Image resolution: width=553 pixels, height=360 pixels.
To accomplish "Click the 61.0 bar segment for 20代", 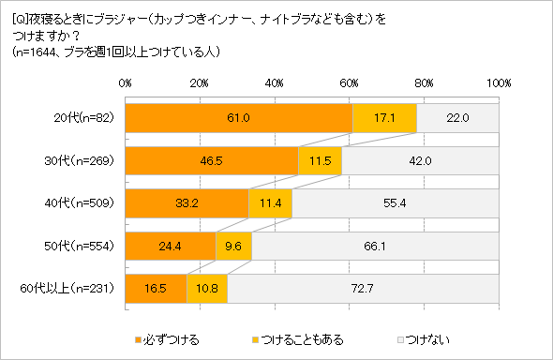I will (239, 118).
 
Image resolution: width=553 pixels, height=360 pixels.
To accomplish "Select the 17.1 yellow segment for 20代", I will (384, 118).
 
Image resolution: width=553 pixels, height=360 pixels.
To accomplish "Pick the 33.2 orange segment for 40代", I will (187, 203).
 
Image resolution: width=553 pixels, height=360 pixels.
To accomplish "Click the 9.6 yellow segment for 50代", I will (233, 247).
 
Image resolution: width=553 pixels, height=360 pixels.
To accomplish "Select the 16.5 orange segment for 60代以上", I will (156, 290).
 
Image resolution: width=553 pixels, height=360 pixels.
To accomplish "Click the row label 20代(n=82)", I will (83, 118).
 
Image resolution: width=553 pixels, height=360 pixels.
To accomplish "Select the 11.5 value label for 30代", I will (320, 161).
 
